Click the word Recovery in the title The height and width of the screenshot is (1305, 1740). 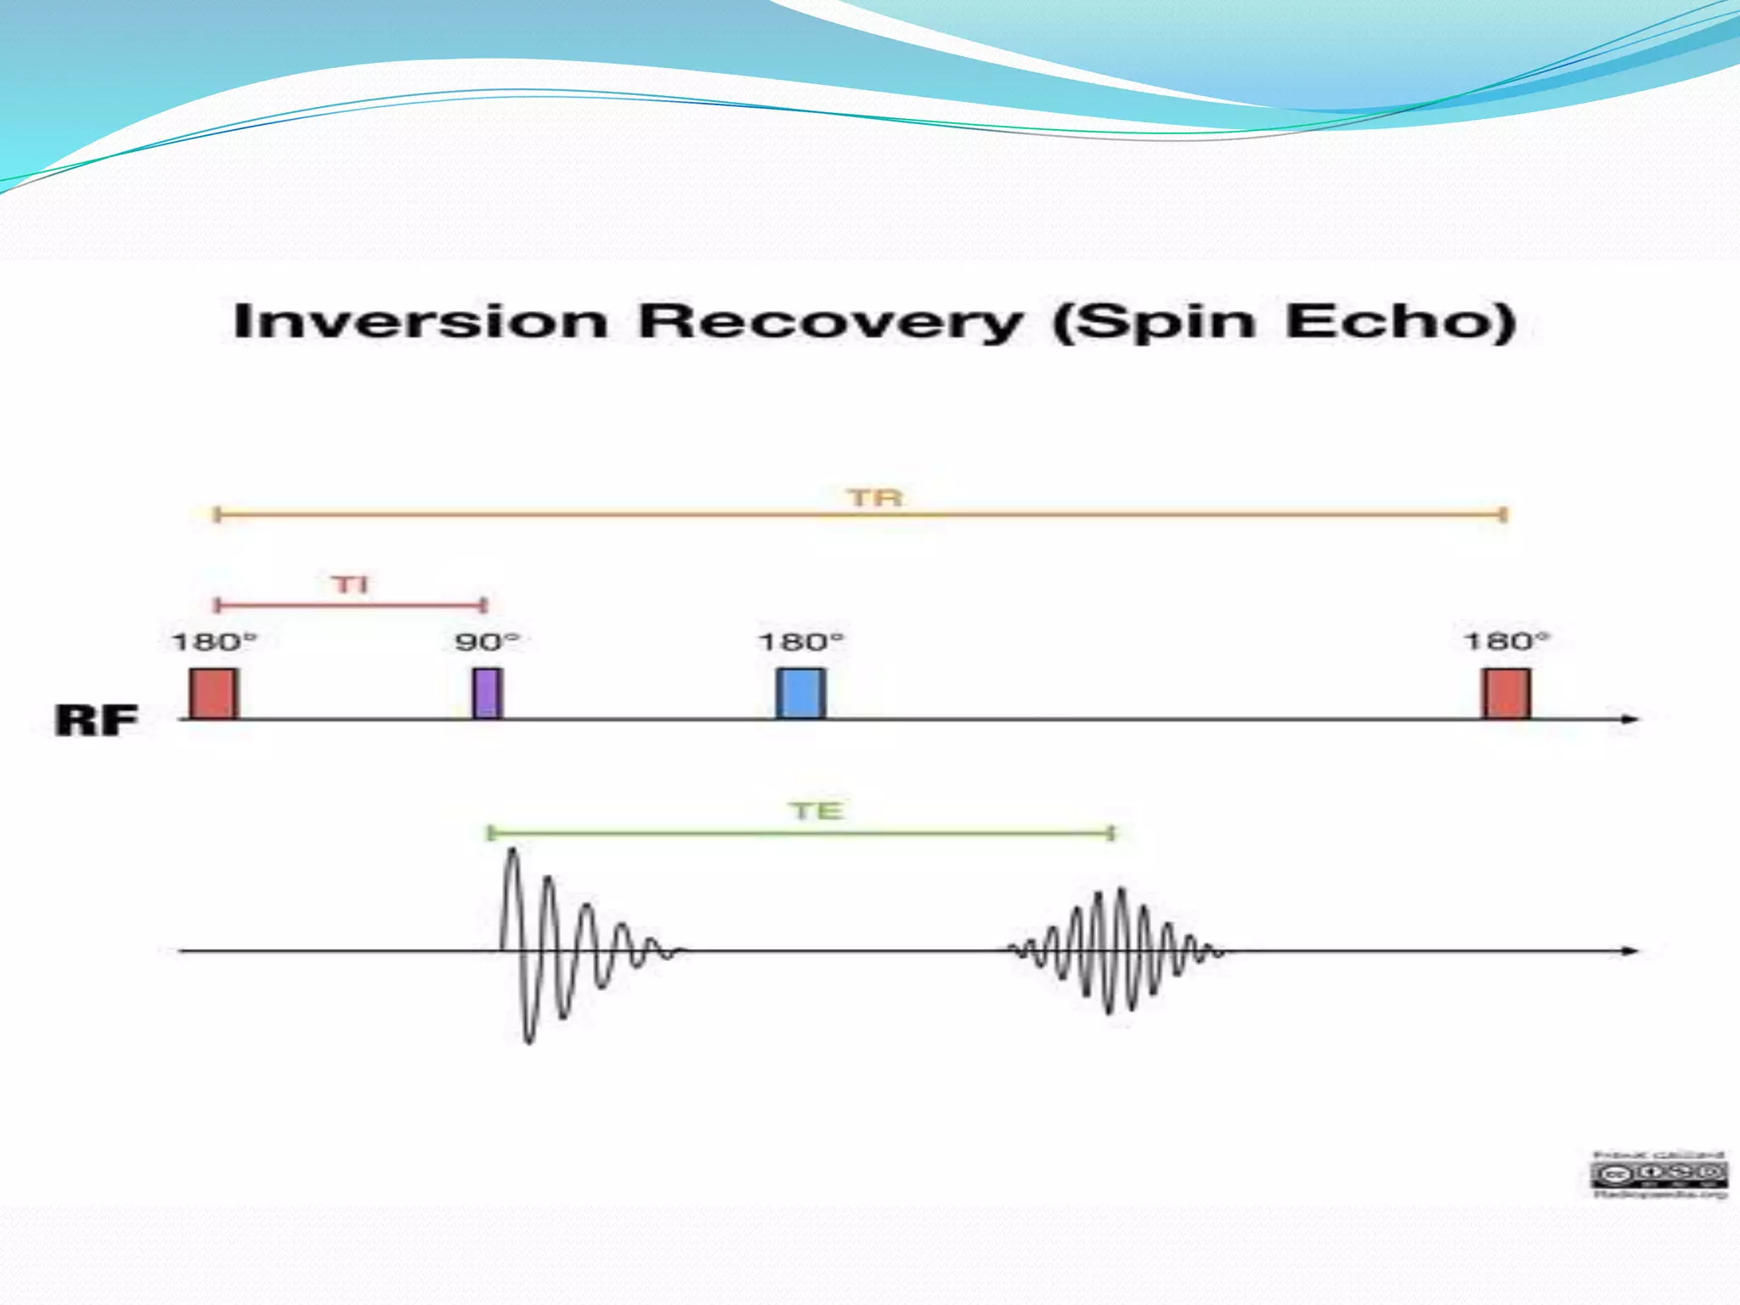(x=831, y=324)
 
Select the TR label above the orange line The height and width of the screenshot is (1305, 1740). (x=875, y=497)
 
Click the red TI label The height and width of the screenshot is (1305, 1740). (x=350, y=585)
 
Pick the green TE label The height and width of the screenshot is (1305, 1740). (x=816, y=811)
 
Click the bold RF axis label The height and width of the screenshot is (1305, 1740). (x=96, y=720)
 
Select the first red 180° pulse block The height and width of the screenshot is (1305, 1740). (x=213, y=693)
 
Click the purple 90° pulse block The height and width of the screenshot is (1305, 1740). (x=487, y=693)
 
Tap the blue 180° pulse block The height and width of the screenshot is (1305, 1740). (x=800, y=693)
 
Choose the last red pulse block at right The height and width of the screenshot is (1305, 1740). (x=1506, y=693)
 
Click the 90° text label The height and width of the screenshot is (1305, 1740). (x=486, y=641)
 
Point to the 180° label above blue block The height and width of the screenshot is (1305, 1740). (x=800, y=641)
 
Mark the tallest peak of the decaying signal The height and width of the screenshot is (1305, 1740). (x=511, y=852)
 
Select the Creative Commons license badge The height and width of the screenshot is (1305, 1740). (x=1658, y=1175)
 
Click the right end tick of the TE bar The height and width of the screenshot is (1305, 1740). (x=1111, y=833)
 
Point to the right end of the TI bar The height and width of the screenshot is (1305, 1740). (x=483, y=605)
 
